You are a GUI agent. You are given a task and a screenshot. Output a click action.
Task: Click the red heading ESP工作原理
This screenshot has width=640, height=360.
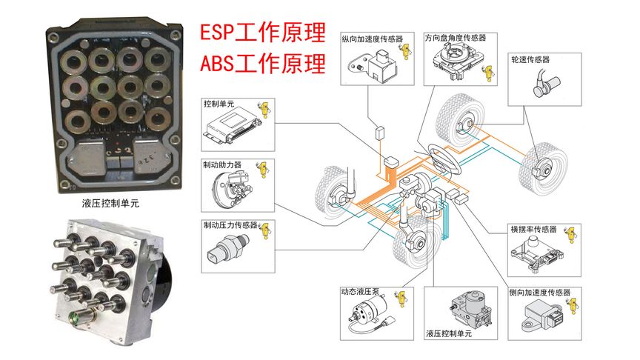(263, 33)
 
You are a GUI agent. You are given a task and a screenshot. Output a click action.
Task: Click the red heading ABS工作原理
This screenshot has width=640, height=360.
(263, 64)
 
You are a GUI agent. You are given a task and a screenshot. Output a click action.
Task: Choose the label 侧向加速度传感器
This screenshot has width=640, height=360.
(539, 293)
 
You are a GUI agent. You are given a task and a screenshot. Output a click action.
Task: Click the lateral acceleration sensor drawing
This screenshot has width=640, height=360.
(544, 318)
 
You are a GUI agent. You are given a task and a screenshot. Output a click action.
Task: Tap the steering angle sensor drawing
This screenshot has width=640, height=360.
(456, 61)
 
